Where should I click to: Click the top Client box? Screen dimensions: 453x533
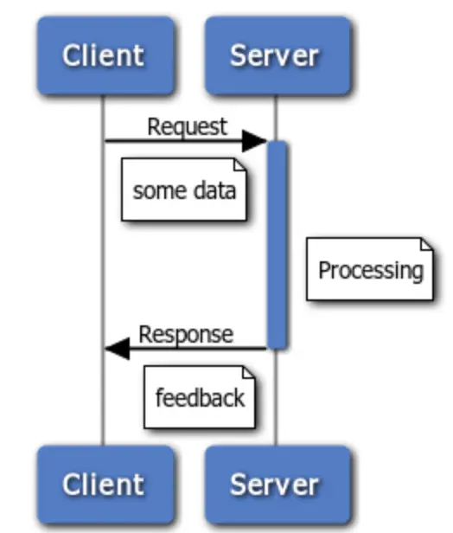pos(105,55)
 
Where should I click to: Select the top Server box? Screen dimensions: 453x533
pos(278,55)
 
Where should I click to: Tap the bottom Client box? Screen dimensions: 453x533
pos(105,484)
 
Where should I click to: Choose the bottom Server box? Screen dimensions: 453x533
pos(278,484)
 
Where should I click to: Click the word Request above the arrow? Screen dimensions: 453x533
pos(187,127)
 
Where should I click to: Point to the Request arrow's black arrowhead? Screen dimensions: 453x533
pos(254,140)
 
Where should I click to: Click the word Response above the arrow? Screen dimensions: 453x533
pos(186,335)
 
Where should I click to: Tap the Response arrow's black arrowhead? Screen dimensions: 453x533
pos(118,349)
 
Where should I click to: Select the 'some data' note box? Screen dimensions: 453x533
pos(184,189)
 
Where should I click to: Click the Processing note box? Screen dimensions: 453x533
pos(370,269)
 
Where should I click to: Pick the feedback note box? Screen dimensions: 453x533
pos(200,396)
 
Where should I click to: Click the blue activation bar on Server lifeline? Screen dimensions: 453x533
pos(278,245)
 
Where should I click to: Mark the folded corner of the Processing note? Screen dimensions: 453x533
pos(427,244)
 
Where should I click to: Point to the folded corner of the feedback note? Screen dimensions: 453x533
pos(249,372)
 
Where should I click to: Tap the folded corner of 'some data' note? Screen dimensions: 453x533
pos(240,164)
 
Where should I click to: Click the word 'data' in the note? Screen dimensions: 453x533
pos(214,190)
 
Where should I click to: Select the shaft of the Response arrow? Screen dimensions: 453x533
pos(198,349)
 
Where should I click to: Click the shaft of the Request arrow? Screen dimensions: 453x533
pos(174,140)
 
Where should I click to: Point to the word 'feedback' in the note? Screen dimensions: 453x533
pos(200,398)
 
